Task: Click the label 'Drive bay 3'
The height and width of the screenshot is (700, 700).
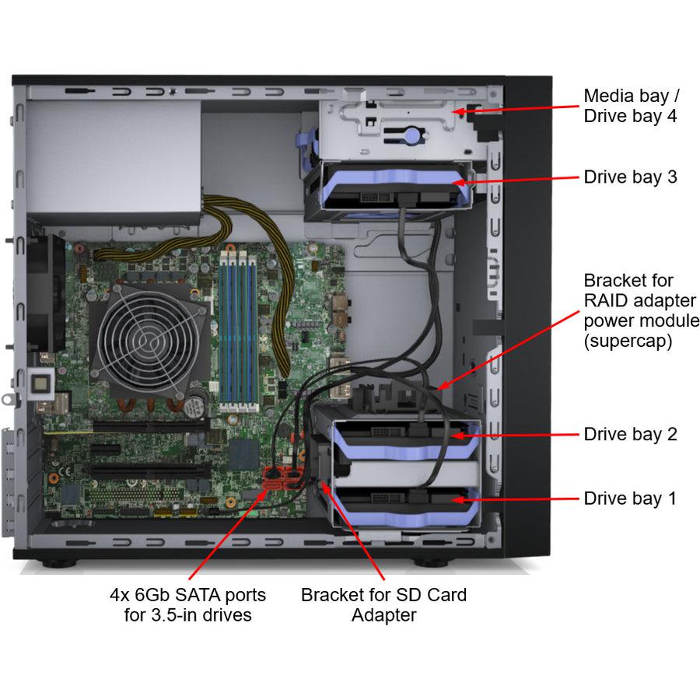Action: click(x=630, y=177)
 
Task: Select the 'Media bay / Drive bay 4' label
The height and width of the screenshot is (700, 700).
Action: click(x=631, y=106)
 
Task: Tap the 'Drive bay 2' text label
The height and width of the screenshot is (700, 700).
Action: click(x=630, y=434)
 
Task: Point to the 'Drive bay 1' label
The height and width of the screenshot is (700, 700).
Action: click(x=630, y=499)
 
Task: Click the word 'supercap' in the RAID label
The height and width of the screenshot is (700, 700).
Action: click(x=628, y=341)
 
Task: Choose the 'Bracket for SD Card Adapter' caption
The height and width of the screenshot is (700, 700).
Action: click(x=383, y=605)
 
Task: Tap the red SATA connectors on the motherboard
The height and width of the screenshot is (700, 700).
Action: click(x=281, y=478)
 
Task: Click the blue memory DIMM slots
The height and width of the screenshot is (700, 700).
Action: click(x=236, y=327)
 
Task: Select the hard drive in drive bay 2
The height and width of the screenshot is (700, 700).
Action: click(x=404, y=439)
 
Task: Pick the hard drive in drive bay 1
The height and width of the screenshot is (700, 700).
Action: click(x=404, y=502)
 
